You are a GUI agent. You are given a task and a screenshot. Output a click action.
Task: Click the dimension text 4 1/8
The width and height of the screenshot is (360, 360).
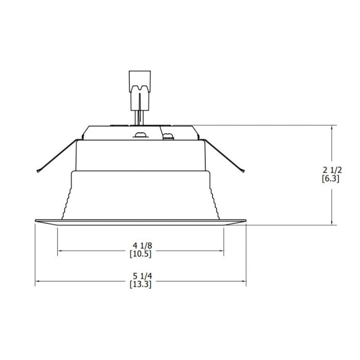pyautogui.click(x=141, y=245)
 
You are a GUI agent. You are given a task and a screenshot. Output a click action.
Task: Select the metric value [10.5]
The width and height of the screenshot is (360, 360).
pyautogui.click(x=141, y=254)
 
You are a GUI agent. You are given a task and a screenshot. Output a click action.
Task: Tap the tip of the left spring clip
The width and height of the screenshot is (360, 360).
pyautogui.click(x=38, y=171)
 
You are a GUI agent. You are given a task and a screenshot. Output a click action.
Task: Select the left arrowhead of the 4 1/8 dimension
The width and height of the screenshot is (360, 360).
pyautogui.click(x=61, y=251)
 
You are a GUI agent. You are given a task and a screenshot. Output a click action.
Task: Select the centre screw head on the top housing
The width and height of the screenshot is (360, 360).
pyautogui.click(x=139, y=135)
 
